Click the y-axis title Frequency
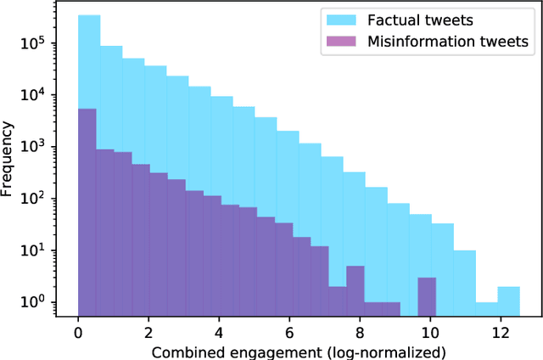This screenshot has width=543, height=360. click(10, 159)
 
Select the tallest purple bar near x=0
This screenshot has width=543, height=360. click(87, 212)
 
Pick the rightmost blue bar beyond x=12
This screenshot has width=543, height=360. click(508, 301)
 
